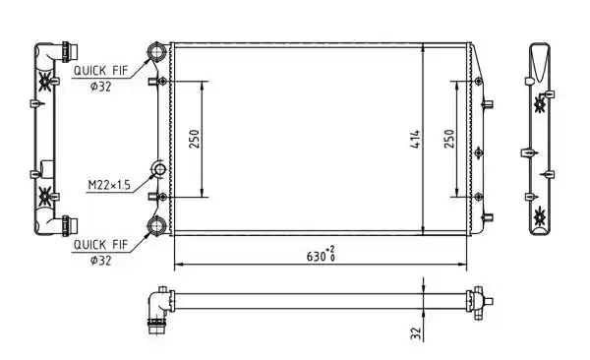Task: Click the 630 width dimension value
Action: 316,257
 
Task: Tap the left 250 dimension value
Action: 194,139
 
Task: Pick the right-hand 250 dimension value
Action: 449,139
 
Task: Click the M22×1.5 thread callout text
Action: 109,185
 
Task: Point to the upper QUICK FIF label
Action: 101,71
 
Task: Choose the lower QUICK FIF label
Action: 101,245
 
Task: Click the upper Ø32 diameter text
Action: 101,87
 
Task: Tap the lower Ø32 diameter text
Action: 101,261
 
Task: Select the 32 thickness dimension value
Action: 415,333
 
